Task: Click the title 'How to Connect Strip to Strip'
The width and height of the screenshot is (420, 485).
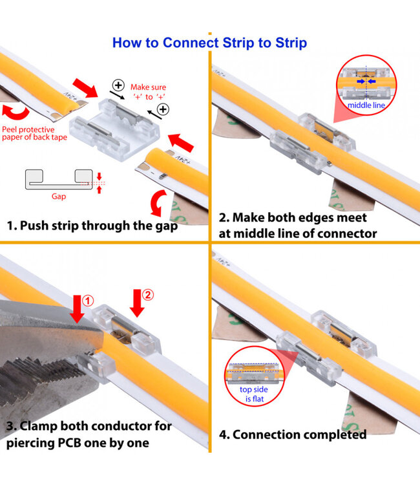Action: coord(209,43)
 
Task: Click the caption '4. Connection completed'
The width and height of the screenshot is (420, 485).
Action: coord(293,434)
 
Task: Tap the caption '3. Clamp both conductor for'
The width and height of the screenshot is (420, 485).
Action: coord(89,426)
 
